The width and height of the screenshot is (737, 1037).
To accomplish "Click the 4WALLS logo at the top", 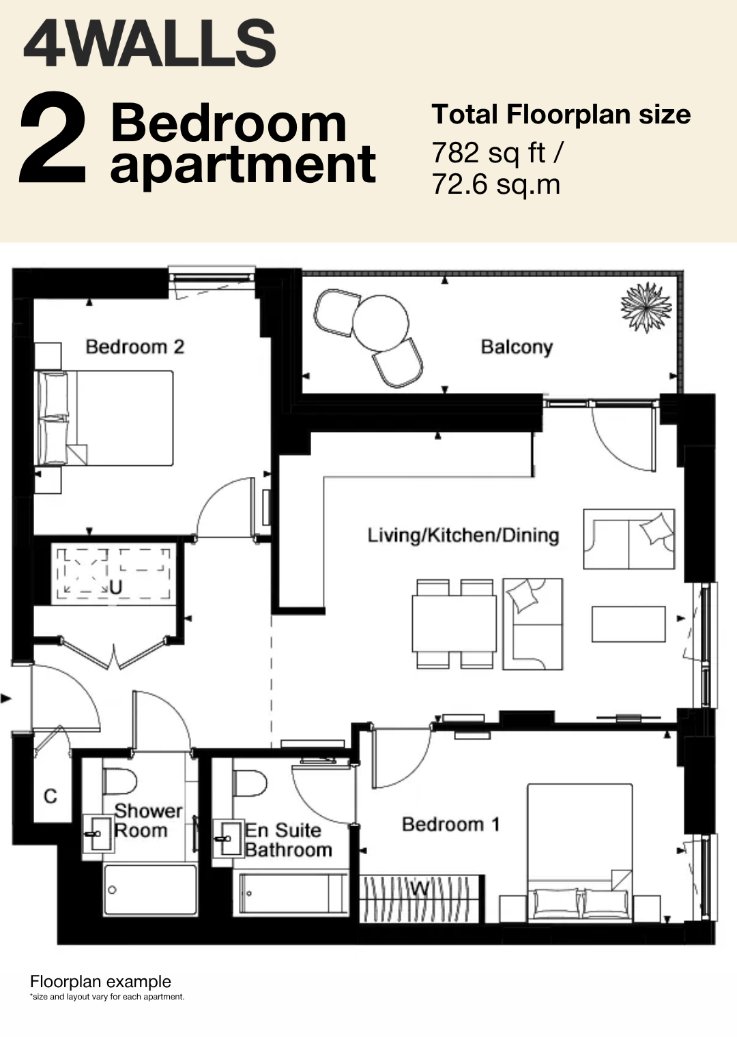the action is pyautogui.click(x=149, y=43).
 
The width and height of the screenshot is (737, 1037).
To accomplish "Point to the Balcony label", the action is pyautogui.click(x=517, y=347).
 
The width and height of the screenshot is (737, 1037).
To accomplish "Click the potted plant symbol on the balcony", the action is pyautogui.click(x=646, y=307).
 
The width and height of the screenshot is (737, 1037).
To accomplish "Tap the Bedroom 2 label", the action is pyautogui.click(x=134, y=347).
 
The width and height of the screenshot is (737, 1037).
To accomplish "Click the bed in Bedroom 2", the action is pyautogui.click(x=104, y=418).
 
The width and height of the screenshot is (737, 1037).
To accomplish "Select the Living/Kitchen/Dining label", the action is pyautogui.click(x=463, y=535).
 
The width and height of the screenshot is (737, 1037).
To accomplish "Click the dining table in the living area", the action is pyautogui.click(x=454, y=623).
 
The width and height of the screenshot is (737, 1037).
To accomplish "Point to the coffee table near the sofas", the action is pyautogui.click(x=628, y=624).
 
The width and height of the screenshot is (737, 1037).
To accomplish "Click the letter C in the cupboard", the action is pyautogui.click(x=50, y=796).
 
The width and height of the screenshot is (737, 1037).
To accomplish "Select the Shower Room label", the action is pyautogui.click(x=148, y=821).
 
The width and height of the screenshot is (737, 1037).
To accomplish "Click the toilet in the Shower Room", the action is pyautogui.click(x=119, y=782).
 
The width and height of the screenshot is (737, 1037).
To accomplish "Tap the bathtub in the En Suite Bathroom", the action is pyautogui.click(x=291, y=894).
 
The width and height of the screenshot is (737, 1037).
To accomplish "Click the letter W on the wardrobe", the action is pyautogui.click(x=420, y=888).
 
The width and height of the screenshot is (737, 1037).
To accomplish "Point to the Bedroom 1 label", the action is pyautogui.click(x=451, y=825).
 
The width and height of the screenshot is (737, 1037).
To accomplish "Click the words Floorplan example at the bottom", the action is pyautogui.click(x=100, y=982).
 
